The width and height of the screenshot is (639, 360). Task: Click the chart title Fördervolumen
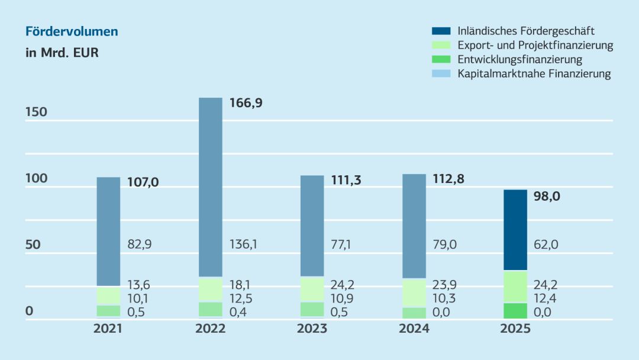tap(72, 31)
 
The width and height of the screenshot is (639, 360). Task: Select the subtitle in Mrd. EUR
tap(62, 53)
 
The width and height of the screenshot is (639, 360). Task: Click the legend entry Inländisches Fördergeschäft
tap(526, 31)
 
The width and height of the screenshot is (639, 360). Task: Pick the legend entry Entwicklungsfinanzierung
tap(519, 59)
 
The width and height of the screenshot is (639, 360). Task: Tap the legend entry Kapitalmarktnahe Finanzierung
tap(534, 74)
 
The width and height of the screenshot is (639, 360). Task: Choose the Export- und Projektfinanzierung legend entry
tap(535, 45)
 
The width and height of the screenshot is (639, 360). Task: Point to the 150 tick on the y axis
tap(37, 112)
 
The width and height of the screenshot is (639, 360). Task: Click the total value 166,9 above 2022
tap(246, 103)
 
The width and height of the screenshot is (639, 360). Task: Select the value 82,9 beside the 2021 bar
tap(140, 244)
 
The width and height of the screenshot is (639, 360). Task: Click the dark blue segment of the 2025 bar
tap(515, 230)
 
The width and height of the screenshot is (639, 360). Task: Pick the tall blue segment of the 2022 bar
tap(210, 187)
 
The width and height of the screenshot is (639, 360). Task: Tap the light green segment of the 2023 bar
tap(312, 289)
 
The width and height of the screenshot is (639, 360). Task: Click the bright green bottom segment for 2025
tap(515, 311)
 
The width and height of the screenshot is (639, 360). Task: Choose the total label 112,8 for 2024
tap(446, 179)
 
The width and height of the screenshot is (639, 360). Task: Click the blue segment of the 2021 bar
tap(108, 232)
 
